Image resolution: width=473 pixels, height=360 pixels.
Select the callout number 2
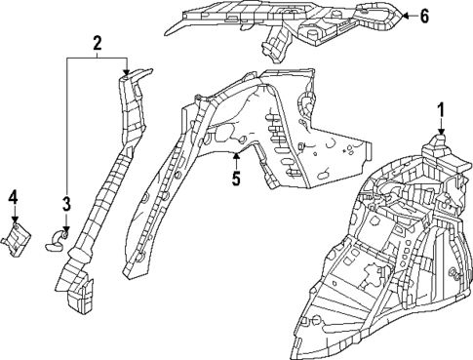pos(98,43)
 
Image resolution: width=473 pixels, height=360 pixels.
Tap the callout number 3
pos(66,204)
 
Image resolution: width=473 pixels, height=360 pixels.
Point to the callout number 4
pos(14,198)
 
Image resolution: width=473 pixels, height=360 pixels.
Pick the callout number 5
pos(235,178)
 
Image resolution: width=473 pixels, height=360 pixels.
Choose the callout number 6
pos(423,16)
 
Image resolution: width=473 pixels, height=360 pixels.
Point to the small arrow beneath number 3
pos(66,226)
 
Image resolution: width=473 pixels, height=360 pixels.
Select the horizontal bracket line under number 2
pos(98,59)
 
